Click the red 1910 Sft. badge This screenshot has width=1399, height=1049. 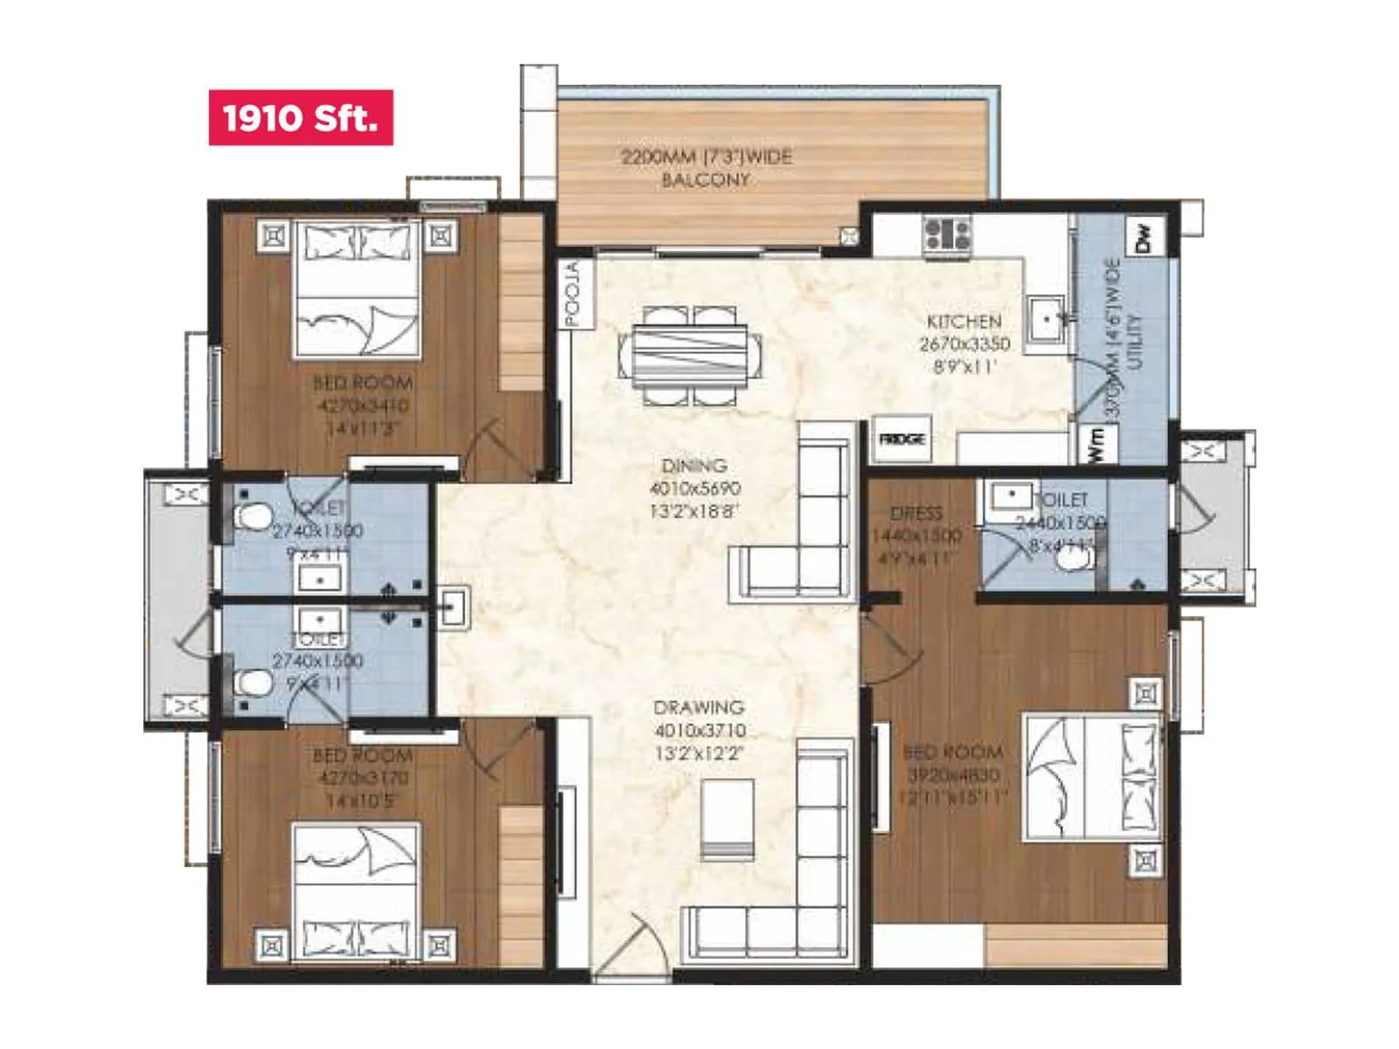click(300, 117)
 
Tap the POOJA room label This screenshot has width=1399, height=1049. click(573, 295)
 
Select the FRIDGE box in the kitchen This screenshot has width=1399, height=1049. click(901, 439)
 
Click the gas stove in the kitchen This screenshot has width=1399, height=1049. click(947, 235)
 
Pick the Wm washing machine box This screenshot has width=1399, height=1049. click(1096, 444)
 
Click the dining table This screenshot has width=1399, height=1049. click(690, 355)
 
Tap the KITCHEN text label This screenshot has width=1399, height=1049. click(964, 321)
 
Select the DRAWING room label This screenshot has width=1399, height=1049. click(699, 707)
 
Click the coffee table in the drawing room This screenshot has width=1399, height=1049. click(727, 817)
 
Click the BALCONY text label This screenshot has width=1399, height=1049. click(705, 180)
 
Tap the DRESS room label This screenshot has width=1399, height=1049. click(916, 513)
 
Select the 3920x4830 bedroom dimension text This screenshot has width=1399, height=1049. click(953, 775)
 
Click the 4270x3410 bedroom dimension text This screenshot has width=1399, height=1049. click(362, 406)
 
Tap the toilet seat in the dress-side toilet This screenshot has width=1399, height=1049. click(1072, 557)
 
